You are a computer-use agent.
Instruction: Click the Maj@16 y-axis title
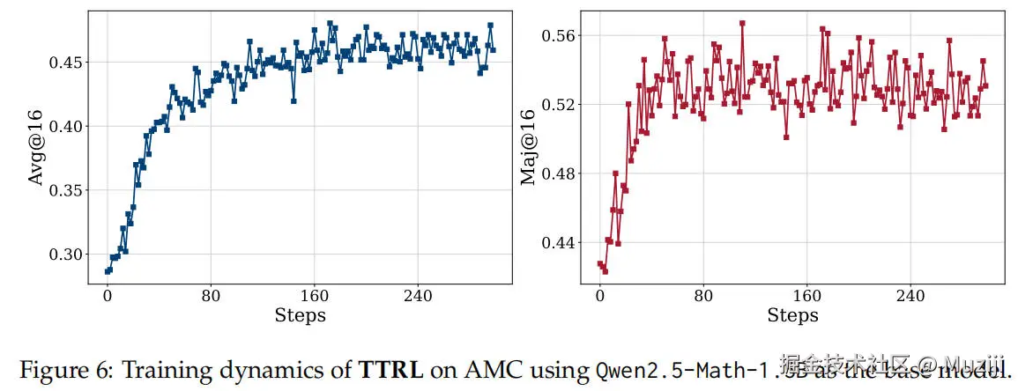[528, 148]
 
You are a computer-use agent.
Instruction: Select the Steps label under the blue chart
[300, 315]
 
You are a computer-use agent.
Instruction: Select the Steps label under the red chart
[792, 315]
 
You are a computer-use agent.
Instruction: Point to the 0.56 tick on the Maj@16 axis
[555, 35]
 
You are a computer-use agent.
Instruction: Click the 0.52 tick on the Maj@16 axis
[555, 105]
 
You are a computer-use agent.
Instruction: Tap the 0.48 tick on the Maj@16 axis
[555, 173]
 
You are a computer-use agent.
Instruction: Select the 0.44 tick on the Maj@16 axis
[555, 242]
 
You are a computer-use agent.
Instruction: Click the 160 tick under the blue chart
[315, 296]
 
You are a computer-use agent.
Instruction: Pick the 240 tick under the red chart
[910, 296]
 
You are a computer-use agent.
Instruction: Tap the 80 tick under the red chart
[703, 296]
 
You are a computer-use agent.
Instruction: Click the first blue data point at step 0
[108, 271]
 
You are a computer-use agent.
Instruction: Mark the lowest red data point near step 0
[605, 271]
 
